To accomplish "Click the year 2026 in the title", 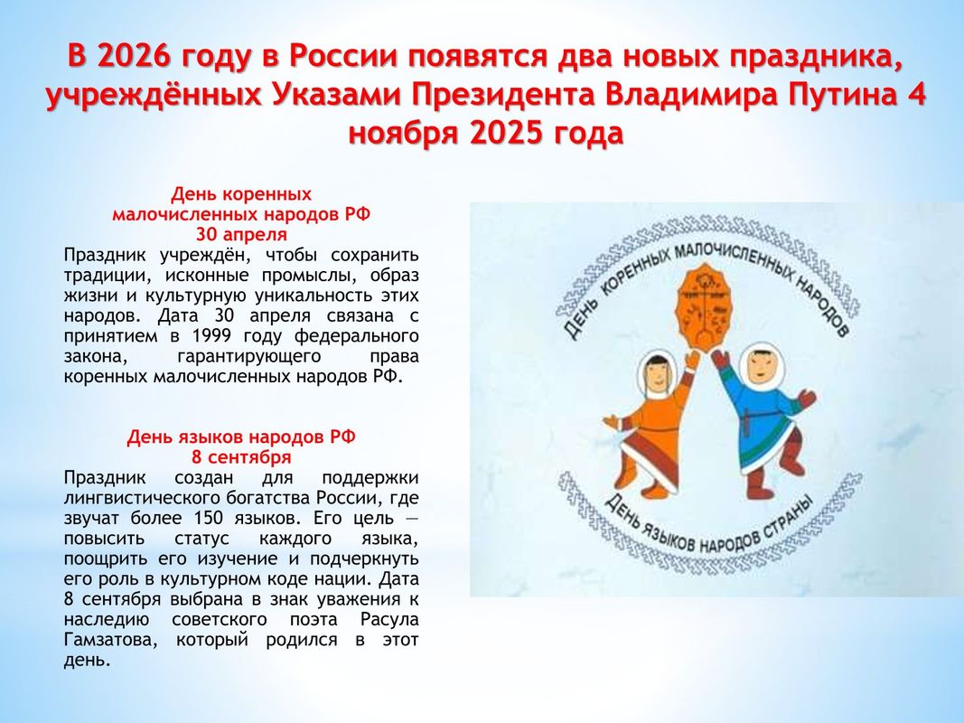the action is pos(134,56).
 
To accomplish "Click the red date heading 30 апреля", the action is pos(241,235).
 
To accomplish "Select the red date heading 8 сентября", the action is pos(241,457).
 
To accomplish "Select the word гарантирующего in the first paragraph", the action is pos(249,357).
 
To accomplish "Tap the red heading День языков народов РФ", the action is pos(241,437).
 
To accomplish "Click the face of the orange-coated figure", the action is pos(659,374).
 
